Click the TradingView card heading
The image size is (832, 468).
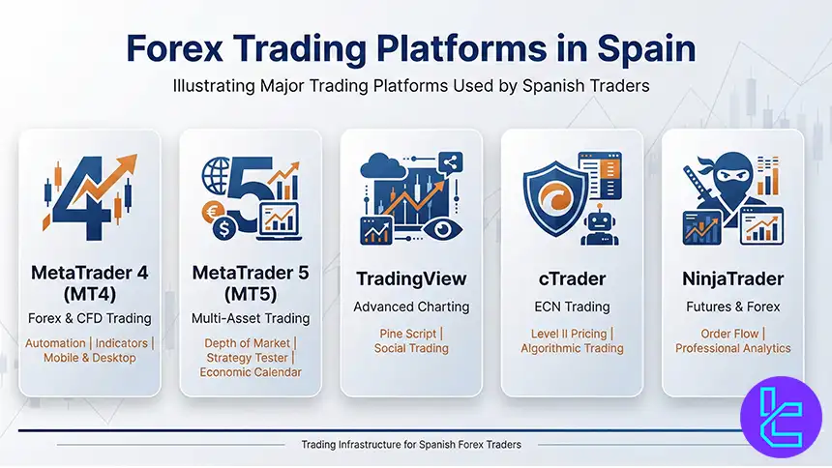[411, 279]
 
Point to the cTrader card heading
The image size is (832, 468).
[572, 279]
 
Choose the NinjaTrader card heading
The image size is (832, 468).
[732, 279]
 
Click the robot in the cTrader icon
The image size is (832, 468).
[600, 223]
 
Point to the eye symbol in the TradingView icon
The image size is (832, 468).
[441, 229]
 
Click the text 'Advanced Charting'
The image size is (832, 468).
[411, 307]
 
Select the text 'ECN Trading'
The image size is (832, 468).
[572, 307]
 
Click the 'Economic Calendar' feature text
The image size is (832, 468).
[251, 372]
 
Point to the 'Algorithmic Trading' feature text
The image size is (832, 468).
[572, 348]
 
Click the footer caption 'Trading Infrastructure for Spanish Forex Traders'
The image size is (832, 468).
[412, 445]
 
